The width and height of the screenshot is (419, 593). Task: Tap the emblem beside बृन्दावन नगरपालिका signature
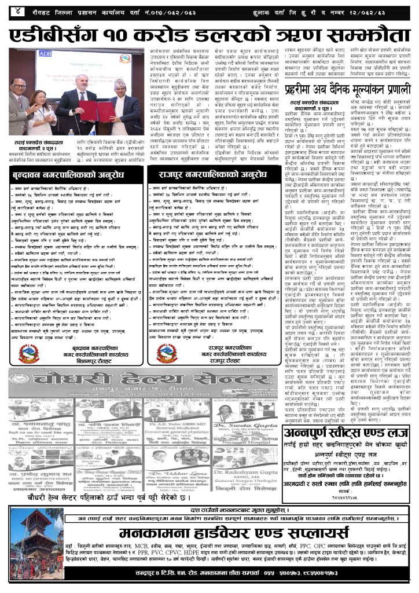coord(27,353)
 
